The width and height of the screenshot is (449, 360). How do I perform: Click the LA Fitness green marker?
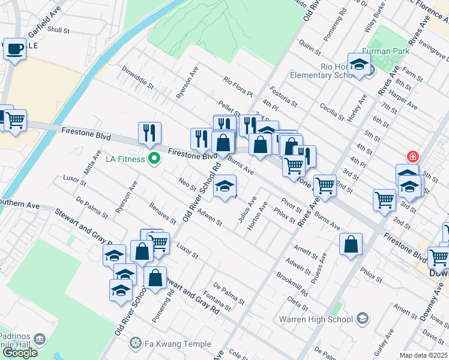[154, 159]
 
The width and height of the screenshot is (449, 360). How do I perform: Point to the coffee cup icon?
[14, 49]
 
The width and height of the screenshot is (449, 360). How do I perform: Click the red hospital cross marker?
[412, 157]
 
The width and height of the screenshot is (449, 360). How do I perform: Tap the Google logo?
[20, 353]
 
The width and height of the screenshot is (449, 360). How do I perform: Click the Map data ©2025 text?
[423, 355]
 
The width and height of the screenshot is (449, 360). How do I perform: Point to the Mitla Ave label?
[90, 162]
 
